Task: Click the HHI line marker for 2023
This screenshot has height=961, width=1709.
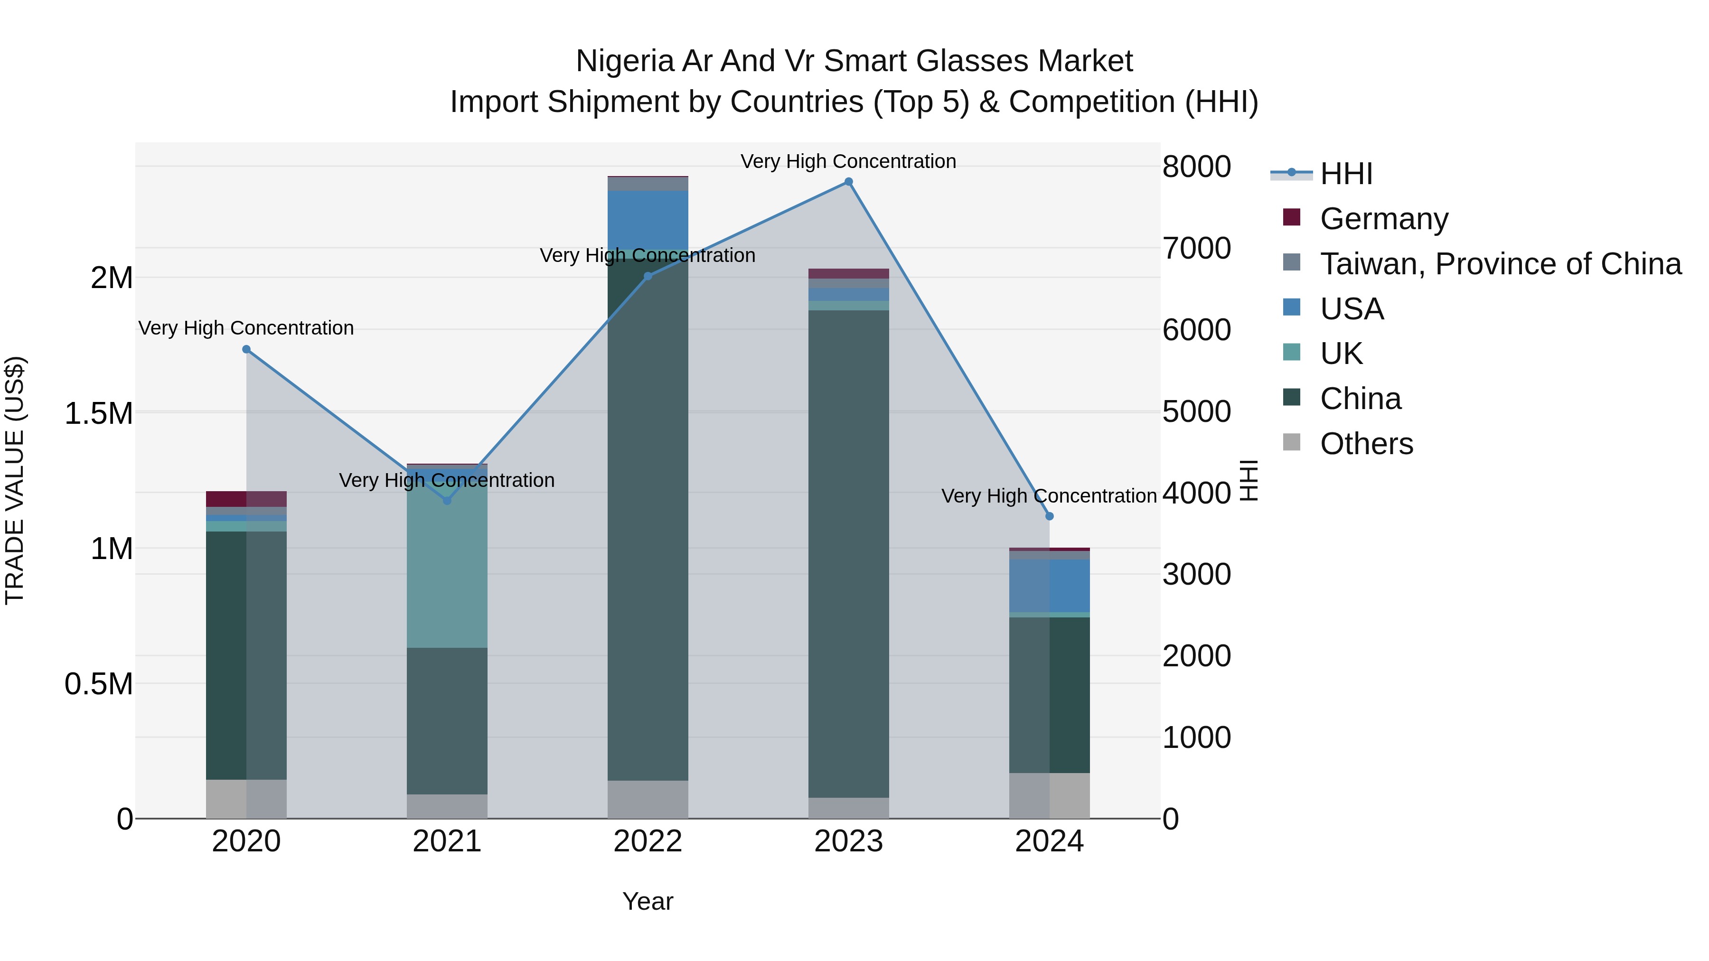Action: [x=848, y=182]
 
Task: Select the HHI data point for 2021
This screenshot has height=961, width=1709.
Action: [x=447, y=501]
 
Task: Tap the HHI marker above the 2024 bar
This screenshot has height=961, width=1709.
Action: [x=1050, y=516]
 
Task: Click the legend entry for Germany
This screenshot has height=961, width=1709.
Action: [x=1384, y=219]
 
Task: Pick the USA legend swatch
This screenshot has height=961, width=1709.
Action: [x=1292, y=308]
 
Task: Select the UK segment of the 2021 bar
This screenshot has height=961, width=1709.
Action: [x=447, y=564]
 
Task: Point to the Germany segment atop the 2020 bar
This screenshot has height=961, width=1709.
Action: [x=246, y=499]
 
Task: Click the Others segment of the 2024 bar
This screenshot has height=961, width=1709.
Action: [x=1050, y=795]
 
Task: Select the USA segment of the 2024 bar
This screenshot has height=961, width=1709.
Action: [x=1050, y=586]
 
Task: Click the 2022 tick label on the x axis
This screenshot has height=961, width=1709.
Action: [x=648, y=841]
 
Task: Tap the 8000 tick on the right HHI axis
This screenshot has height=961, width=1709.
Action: [x=1196, y=167]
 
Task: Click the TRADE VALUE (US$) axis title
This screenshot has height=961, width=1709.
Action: [x=15, y=480]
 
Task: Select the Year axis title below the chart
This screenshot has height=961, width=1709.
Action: [x=648, y=901]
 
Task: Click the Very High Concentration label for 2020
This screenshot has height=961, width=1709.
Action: [x=246, y=328]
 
